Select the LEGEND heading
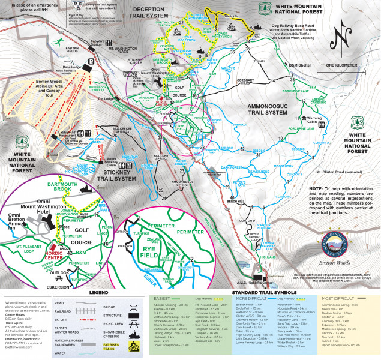coord(99,293)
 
